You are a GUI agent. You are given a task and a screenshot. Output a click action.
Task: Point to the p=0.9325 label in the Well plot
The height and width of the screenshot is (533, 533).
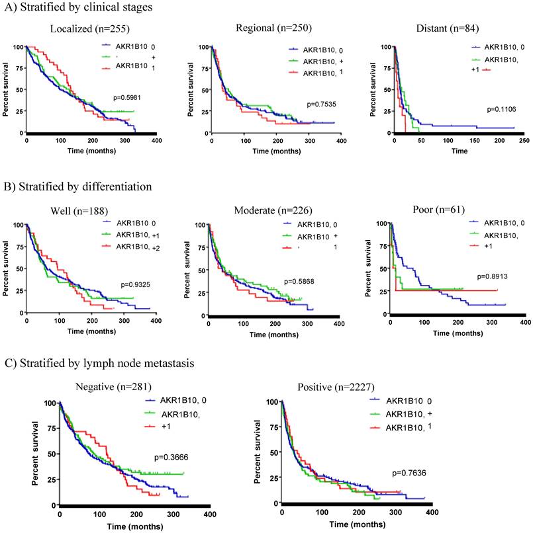click(x=138, y=284)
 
